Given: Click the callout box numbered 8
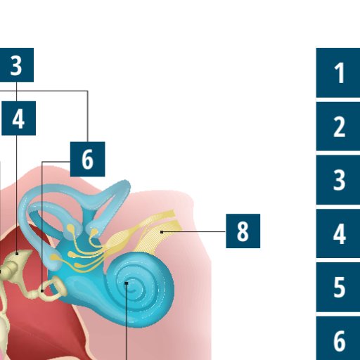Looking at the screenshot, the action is coord(243,231).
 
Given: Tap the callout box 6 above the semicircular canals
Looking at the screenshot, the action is coord(88,159).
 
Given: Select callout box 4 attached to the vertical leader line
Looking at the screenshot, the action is coord(18,118).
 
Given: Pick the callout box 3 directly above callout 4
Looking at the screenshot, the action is coord(16,65).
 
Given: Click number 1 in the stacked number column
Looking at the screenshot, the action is coord(338,72).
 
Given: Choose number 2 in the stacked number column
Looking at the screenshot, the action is coord(338,127).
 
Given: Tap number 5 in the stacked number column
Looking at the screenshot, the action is coord(338,287).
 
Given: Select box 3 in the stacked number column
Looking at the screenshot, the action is coord(338,180).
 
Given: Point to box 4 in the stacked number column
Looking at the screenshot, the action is coord(338,233).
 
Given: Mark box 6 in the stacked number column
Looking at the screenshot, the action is coord(338,338).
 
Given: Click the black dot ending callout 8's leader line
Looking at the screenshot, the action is coord(162,232).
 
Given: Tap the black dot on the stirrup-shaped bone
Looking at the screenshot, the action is coord(42,291).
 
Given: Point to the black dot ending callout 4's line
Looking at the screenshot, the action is coord(17,254).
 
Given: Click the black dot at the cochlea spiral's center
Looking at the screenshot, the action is coord(127,283).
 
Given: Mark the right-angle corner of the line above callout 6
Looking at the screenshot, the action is coord(88,91).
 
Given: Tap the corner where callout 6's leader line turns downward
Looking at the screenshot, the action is coord(42,162).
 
